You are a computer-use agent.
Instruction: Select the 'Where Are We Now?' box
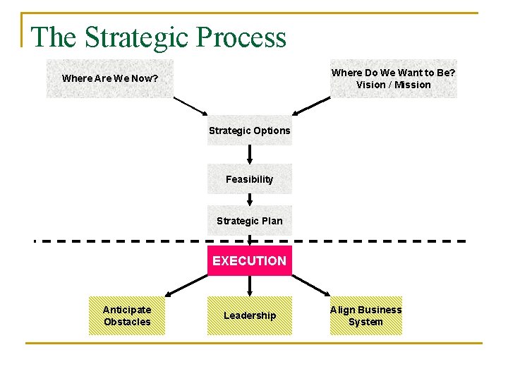point(109,78)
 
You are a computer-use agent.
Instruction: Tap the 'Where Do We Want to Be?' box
point(394,78)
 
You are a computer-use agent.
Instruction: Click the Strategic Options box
point(249,131)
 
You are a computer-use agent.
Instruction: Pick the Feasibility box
point(249,179)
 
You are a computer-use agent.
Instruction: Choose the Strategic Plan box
point(249,221)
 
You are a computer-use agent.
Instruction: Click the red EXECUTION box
point(249,261)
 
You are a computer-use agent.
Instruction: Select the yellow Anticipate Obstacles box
point(127,315)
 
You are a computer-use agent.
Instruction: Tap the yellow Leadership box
point(249,315)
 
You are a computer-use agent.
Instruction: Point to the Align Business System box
point(365,315)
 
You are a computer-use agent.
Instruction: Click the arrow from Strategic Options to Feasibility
point(249,155)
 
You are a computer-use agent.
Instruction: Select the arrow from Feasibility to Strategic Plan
point(249,200)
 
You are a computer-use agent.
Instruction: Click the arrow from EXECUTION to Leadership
point(249,286)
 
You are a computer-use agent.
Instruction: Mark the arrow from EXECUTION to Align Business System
point(311,285)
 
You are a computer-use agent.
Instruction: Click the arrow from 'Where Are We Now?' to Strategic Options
point(190,106)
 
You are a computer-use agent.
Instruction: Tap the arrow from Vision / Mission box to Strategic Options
point(311,106)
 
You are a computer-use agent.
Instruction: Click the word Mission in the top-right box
point(412,85)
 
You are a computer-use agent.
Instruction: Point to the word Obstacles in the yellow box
point(127,322)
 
